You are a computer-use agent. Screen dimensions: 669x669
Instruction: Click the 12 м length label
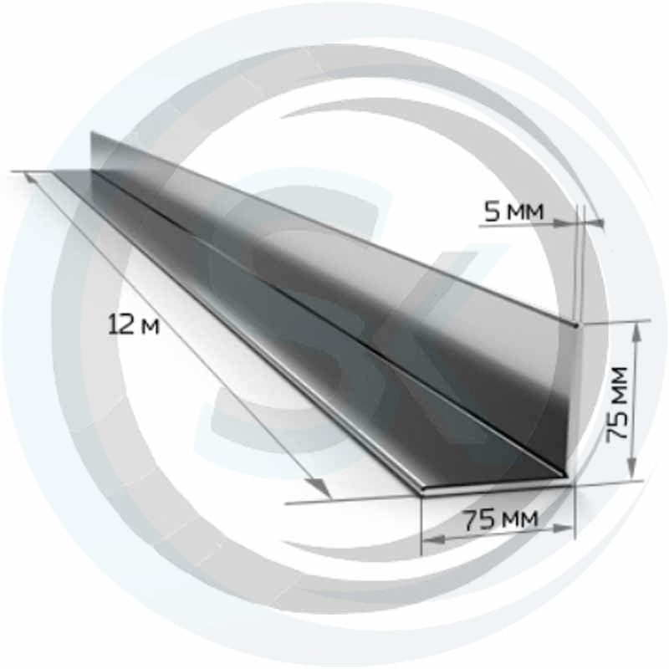(x=134, y=324)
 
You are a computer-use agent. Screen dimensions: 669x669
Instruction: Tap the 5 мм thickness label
(x=514, y=212)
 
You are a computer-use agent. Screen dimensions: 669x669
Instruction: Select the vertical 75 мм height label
(x=617, y=403)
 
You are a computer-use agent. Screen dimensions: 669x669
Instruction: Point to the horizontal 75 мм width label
(x=501, y=519)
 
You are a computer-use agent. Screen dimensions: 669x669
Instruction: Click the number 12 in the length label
(x=119, y=324)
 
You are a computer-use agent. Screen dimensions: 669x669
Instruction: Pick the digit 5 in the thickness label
(x=492, y=212)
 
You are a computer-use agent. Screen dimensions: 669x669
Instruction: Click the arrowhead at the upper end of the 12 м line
(x=32, y=179)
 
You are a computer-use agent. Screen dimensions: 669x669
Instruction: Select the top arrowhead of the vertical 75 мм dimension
(x=636, y=331)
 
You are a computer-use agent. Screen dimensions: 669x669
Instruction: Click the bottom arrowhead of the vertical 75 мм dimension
(x=632, y=468)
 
